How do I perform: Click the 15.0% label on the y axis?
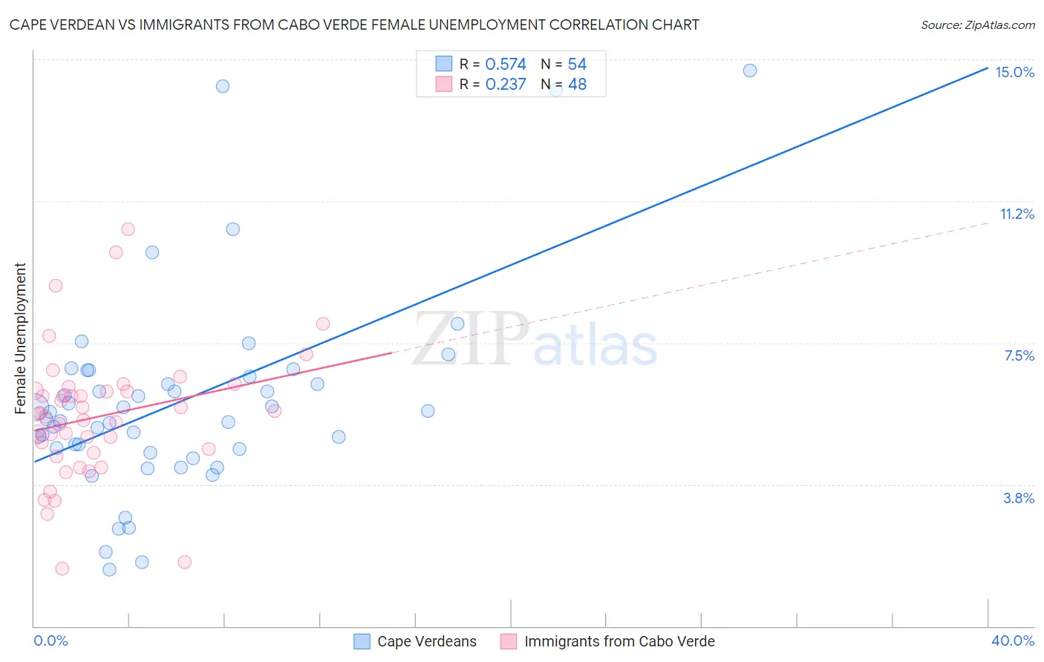tap(1014, 72)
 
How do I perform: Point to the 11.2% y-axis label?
tap(1017, 214)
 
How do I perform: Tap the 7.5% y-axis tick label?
tap(1019, 355)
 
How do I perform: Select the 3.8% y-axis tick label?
tap(1019, 498)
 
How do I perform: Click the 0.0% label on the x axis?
tap(50, 640)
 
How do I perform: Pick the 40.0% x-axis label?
tap(1012, 640)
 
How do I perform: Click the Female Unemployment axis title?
tap(20, 338)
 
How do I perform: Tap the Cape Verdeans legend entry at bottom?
tap(426, 641)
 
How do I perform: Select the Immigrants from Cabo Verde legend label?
tap(619, 641)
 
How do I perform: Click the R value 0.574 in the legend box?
tap(505, 65)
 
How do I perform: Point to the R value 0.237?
tap(505, 85)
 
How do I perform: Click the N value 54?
tap(577, 65)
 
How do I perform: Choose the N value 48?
tap(577, 85)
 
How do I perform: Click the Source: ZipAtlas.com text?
tap(977, 25)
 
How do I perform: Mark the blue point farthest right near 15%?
tap(750, 71)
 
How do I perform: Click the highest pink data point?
tap(128, 229)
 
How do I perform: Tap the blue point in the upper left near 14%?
tap(223, 86)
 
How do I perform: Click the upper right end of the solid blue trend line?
tap(987, 68)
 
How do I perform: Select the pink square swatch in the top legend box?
tap(444, 84)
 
